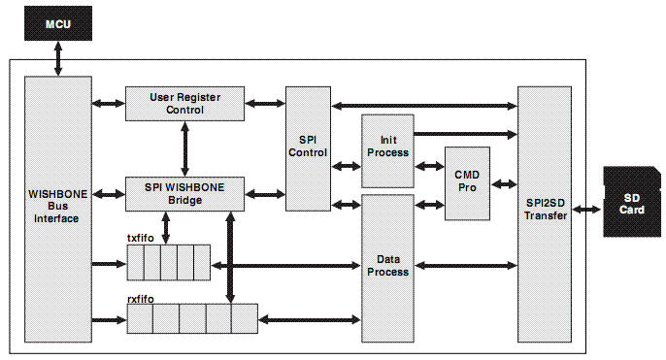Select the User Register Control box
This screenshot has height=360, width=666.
(x=184, y=103)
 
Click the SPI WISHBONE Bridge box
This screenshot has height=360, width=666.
(x=184, y=194)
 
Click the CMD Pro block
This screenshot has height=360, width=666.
(x=467, y=182)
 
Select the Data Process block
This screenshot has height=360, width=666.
(x=387, y=268)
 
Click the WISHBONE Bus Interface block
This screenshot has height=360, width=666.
(x=58, y=208)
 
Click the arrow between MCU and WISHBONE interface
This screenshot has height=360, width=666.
(x=58, y=58)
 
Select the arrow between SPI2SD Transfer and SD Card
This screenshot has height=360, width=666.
(x=588, y=208)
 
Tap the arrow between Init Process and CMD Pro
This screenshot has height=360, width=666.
(x=429, y=167)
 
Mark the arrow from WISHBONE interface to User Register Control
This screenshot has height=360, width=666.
(x=109, y=103)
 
